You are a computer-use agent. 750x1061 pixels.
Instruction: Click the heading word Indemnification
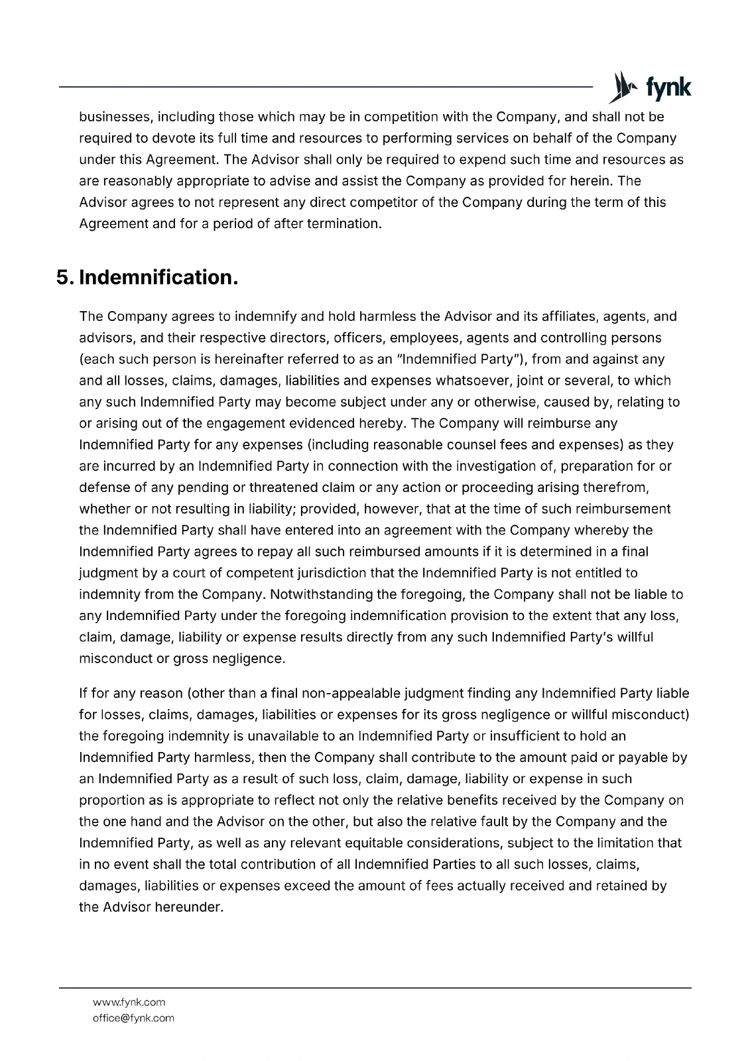point(158,277)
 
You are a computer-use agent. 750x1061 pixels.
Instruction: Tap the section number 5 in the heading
point(64,277)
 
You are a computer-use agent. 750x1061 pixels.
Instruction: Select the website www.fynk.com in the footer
point(129,1002)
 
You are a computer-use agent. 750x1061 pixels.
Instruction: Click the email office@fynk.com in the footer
point(133,1018)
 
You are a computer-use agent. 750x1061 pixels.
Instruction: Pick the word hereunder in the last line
point(188,907)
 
